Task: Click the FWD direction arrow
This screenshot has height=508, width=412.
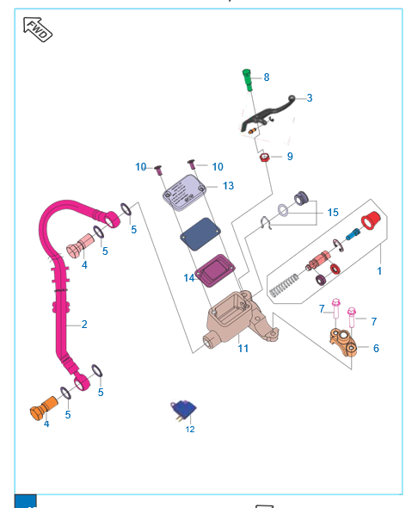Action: point(38,29)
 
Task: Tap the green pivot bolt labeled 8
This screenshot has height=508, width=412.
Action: point(248,80)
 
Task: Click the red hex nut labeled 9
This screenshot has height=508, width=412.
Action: point(265,158)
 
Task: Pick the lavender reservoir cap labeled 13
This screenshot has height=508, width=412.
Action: point(184,193)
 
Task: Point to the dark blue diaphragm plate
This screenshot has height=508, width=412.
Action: point(200,234)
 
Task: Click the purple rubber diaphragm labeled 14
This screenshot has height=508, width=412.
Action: point(214,270)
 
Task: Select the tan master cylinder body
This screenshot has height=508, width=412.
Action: point(242,320)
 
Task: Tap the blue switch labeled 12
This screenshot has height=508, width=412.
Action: point(183,410)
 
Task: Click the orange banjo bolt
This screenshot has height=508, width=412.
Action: point(44,408)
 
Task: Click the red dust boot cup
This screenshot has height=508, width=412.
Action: point(371,220)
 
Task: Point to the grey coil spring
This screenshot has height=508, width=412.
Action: point(284,285)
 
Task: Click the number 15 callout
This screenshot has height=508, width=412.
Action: point(333,213)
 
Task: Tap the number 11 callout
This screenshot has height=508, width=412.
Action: point(243,348)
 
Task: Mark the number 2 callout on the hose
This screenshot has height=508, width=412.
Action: point(84,325)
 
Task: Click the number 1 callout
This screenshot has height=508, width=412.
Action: point(379,271)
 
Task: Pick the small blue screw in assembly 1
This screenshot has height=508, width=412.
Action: point(353,234)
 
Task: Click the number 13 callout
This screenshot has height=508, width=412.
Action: point(228,186)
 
